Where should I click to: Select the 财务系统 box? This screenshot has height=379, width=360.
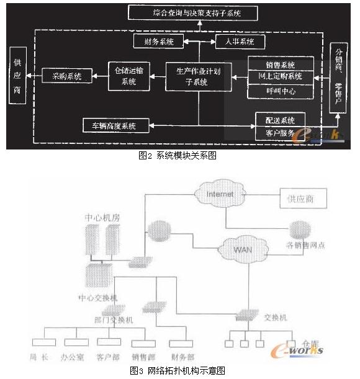pyautogui.click(x=158, y=42)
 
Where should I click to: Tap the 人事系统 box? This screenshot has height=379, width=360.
pyautogui.click(x=240, y=42)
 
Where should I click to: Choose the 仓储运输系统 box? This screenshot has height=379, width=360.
pyautogui.click(x=128, y=76)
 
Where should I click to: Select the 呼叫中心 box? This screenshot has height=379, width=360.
pyautogui.click(x=281, y=91)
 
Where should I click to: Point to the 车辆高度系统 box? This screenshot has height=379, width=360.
pyautogui.click(x=117, y=125)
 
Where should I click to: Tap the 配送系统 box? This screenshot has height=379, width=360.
pyautogui.click(x=281, y=119)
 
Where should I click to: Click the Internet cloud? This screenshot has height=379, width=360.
pyautogui.click(x=220, y=194)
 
